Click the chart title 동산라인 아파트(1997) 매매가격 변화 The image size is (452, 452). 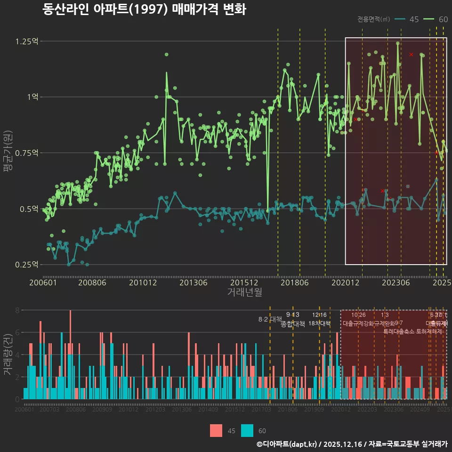pyautogui.click(x=144, y=9)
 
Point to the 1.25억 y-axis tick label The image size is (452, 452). pyautogui.click(x=27, y=41)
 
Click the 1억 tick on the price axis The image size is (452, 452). pyautogui.click(x=32, y=97)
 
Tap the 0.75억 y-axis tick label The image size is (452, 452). pyautogui.click(x=27, y=153)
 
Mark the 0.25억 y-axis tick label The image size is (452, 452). pyautogui.click(x=27, y=265)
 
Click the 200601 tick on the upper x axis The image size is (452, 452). pyautogui.click(x=43, y=283)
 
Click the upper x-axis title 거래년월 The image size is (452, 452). pyautogui.click(x=244, y=292)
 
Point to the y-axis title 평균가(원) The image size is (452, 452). pyautogui.click(x=8, y=153)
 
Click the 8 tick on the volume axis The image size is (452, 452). pyautogui.click(x=17, y=310)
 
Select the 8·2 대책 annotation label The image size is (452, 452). pyautogui.click(x=270, y=319)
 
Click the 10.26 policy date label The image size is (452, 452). pyautogui.click(x=358, y=315)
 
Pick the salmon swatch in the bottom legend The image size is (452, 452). pyautogui.click(x=216, y=430)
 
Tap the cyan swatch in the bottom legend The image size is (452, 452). pyautogui.click(x=247, y=430)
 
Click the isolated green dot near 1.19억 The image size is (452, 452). pyautogui.click(x=166, y=55)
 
